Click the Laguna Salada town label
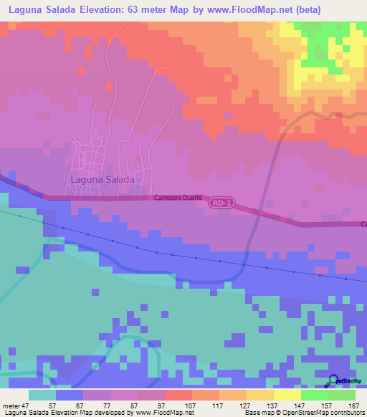click(103, 180)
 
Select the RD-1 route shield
click(221, 204)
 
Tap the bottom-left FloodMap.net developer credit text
click(93, 413)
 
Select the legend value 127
click(233, 405)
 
